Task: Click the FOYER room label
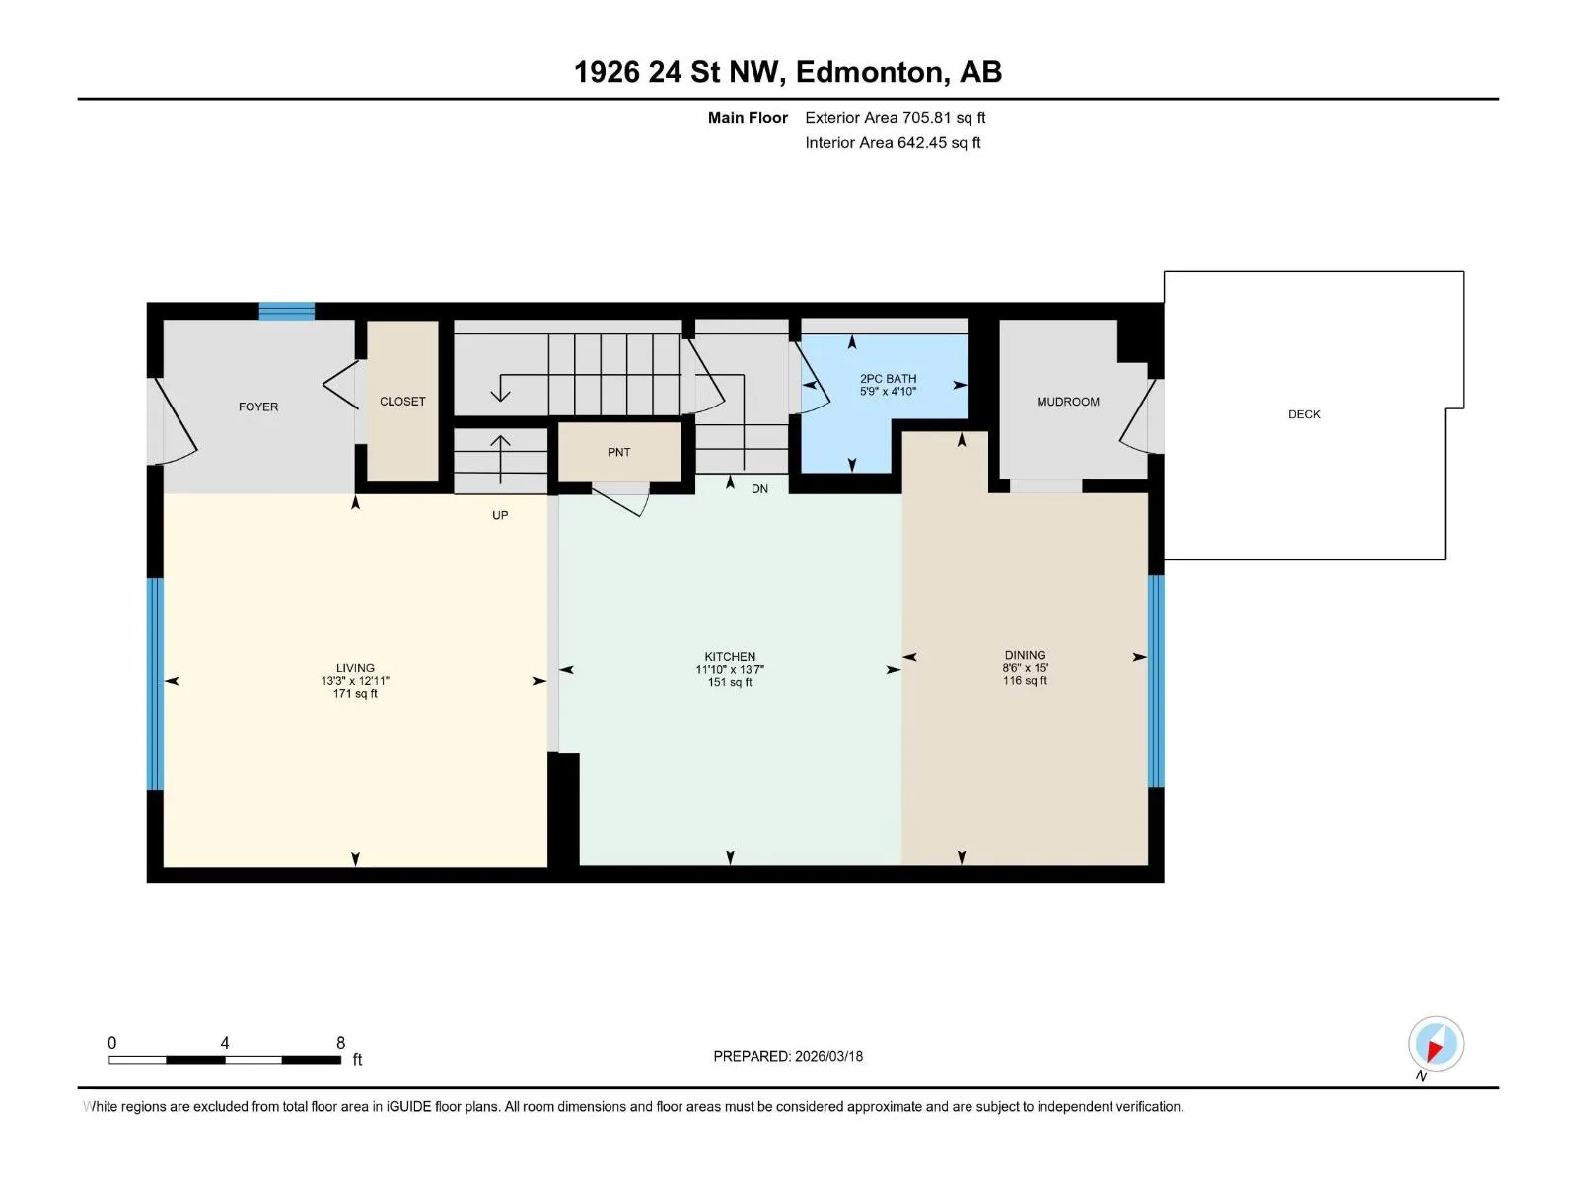(x=258, y=407)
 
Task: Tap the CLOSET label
(x=402, y=402)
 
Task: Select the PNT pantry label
(x=619, y=452)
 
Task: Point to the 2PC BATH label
(x=888, y=379)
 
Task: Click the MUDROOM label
(x=1067, y=402)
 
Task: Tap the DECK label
(x=1304, y=414)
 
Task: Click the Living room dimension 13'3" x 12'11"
(x=355, y=681)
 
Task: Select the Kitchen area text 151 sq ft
(x=730, y=682)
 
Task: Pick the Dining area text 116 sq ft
(x=1025, y=680)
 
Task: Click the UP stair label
(x=500, y=515)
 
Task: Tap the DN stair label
(x=759, y=489)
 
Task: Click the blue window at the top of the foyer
(x=287, y=311)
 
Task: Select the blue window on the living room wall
(x=155, y=684)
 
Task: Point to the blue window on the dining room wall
(x=1156, y=682)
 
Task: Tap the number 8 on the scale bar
(x=341, y=1042)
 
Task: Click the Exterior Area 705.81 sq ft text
(x=896, y=117)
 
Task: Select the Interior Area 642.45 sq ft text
(x=893, y=142)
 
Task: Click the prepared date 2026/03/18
(x=828, y=1056)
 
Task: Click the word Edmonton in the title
(x=869, y=72)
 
